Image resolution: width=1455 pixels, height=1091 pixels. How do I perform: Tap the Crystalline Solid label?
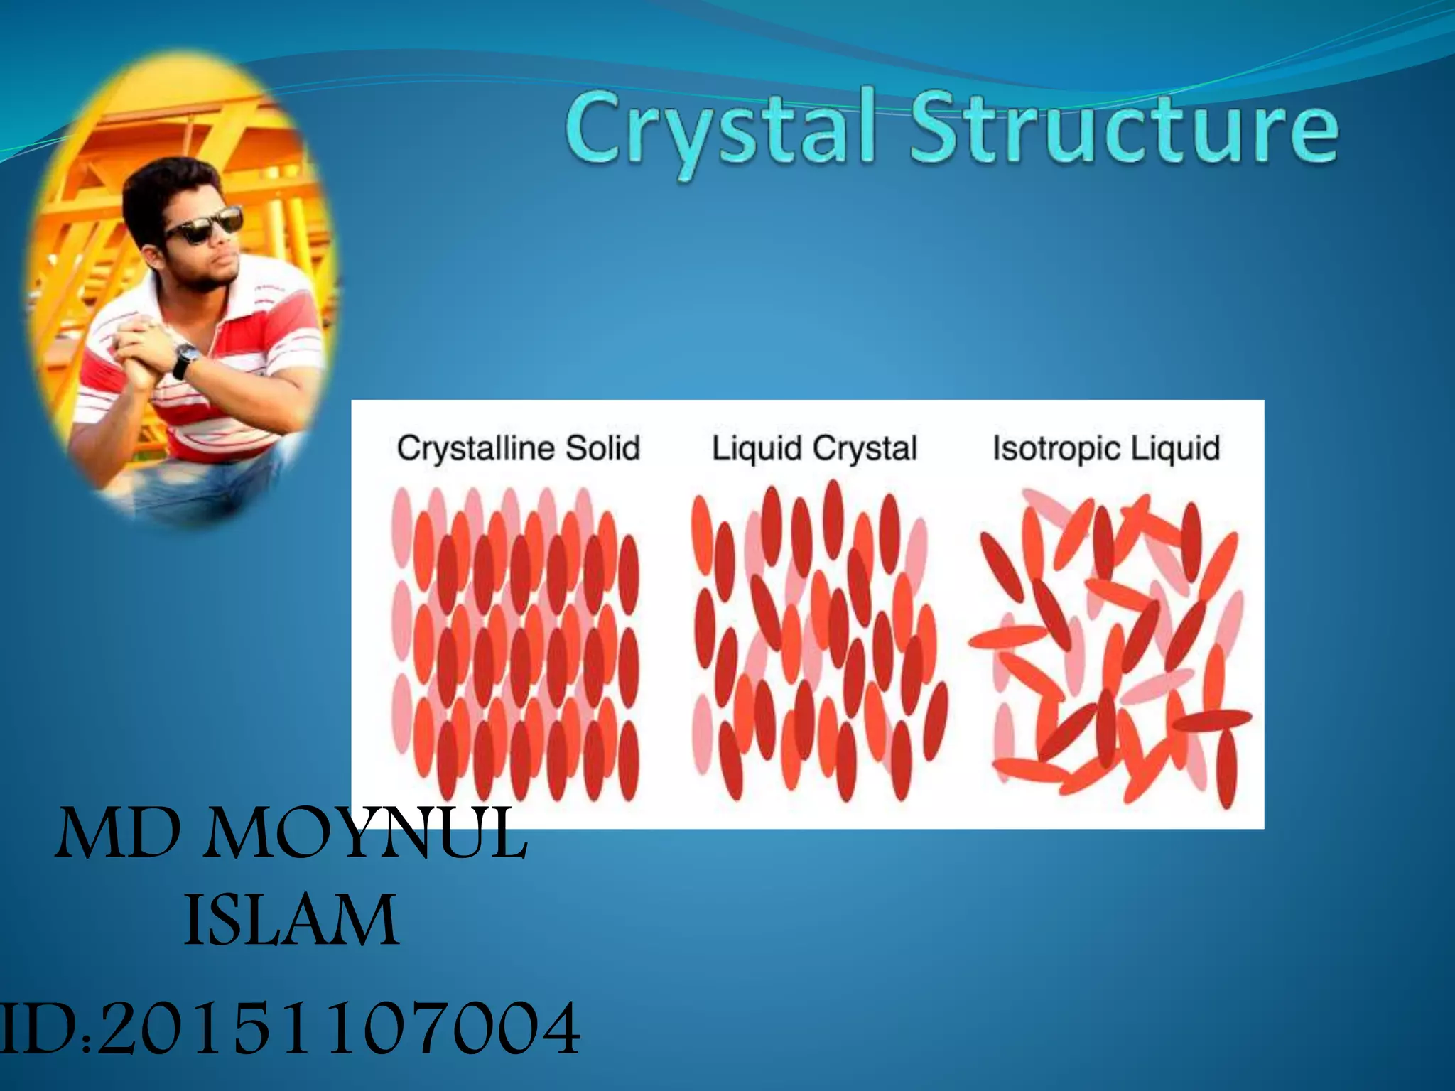(518, 448)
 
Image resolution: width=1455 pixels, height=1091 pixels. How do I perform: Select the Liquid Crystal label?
(814, 448)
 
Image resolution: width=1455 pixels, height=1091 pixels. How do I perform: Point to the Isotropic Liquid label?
(1106, 448)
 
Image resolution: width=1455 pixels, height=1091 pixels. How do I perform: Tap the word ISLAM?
(291, 921)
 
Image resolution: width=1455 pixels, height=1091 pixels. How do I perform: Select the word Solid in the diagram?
(602, 448)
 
